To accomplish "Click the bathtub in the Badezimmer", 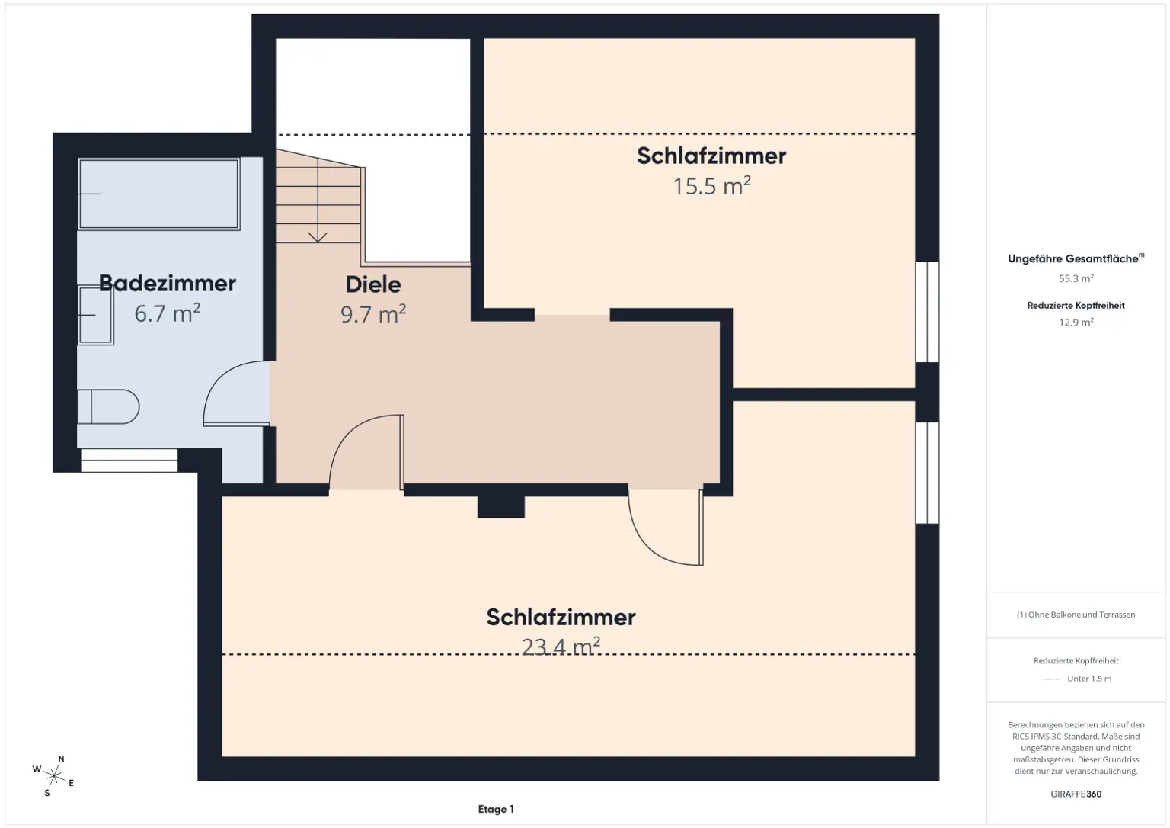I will coord(158,194).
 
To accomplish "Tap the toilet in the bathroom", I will coord(108,406).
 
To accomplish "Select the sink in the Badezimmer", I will coord(95,315).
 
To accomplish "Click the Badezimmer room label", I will coord(168,283).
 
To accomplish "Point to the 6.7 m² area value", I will coord(167,313).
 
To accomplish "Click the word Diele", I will coord(372,284).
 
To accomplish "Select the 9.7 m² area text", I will coord(372,314).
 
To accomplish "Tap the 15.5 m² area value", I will coord(711,186).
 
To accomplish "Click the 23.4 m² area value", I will coord(561,647).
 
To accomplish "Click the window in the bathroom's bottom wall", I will coord(129,461).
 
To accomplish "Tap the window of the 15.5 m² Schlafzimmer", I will coord(927,312).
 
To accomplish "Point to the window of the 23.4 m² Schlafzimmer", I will coord(927,473).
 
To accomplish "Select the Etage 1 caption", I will coord(496,810).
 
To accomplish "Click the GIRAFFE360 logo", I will coord(1076,794).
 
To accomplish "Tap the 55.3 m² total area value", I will coord(1076,279).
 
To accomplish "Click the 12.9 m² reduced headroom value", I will coord(1076,323).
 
